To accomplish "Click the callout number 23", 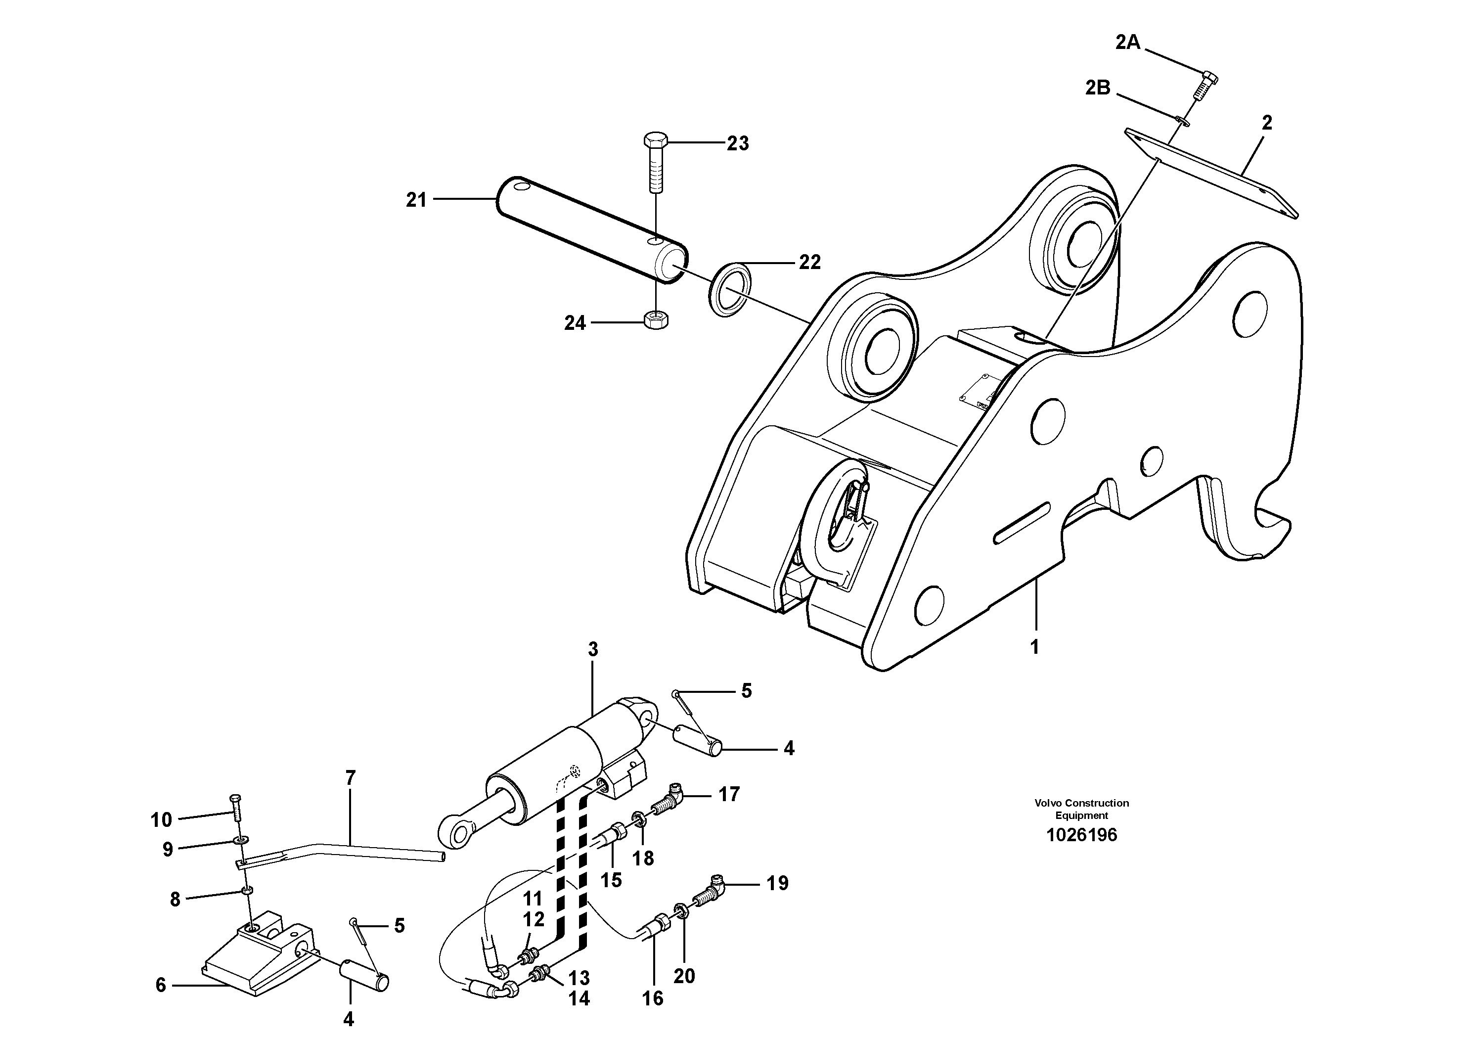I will [x=737, y=143].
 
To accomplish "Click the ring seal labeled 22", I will [x=731, y=288].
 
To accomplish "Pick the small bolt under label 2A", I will [x=1204, y=87].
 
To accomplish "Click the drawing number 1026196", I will [x=1081, y=835].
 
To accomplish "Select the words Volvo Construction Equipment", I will [x=1081, y=809].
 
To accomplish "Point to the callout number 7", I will [x=350, y=778].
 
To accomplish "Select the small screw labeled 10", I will [x=235, y=808].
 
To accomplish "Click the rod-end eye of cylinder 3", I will [x=459, y=834].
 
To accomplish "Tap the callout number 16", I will [x=653, y=998].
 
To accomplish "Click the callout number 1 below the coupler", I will [x=1034, y=648].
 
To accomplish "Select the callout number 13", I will [x=579, y=979].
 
